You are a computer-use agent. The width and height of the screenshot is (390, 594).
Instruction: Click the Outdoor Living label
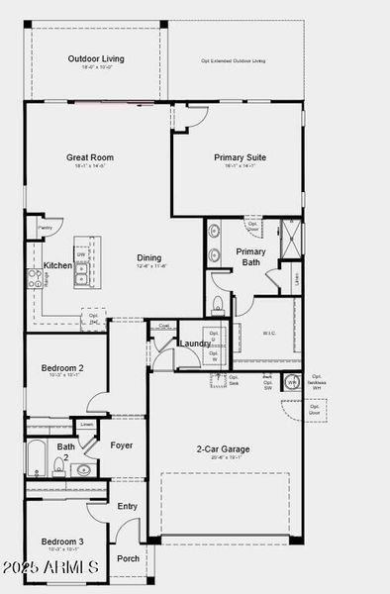coord(96,59)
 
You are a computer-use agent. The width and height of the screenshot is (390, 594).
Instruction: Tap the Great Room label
coord(89,156)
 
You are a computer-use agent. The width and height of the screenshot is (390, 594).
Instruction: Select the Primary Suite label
coord(240,156)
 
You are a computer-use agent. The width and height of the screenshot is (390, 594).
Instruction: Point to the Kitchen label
coord(57,265)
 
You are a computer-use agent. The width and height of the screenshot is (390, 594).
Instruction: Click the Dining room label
coord(149,258)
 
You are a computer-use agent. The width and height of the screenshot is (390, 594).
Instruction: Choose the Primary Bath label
coord(250,256)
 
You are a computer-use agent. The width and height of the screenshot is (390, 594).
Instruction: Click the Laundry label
coord(194,344)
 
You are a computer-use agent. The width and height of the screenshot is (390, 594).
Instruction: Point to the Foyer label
coord(122,445)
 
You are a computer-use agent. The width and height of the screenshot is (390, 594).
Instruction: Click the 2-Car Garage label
coord(222,448)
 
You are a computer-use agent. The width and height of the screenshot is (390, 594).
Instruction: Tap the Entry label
coord(128,506)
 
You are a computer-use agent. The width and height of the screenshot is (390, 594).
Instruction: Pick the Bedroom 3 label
coord(61,541)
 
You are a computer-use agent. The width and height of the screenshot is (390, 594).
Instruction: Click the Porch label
coord(129,557)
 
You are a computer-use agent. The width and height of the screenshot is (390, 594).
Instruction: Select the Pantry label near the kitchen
coord(45,228)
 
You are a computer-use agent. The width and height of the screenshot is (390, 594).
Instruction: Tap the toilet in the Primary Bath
coord(218,302)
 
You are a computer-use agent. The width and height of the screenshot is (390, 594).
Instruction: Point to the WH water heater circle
coord(292,382)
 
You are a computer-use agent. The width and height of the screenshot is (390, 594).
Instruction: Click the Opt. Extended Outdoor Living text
coord(234,60)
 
